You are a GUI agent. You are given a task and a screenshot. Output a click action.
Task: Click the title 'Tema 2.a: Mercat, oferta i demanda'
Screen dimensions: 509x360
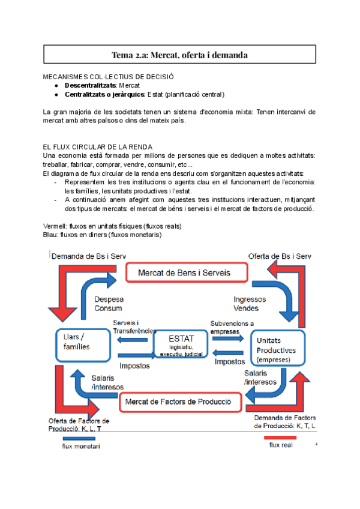[x=179, y=55]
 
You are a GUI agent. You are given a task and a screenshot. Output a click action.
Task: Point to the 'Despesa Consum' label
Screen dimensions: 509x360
[x=107, y=304]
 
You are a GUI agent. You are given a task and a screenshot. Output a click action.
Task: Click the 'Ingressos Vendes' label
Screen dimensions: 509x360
[x=246, y=304]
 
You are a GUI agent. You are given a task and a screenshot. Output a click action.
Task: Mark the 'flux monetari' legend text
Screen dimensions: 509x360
[x=82, y=447]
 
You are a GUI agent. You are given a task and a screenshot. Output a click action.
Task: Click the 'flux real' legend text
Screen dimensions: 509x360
[x=281, y=445]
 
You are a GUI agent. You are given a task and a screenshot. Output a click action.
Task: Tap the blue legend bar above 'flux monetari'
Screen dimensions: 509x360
[x=79, y=439]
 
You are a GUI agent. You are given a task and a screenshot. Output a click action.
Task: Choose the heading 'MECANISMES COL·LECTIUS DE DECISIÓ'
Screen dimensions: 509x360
[x=109, y=77]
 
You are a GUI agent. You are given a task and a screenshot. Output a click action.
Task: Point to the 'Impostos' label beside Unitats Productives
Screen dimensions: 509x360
[x=229, y=362]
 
